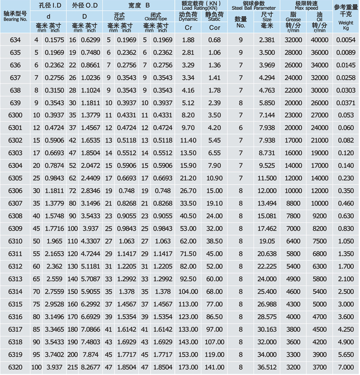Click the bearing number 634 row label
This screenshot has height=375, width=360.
[x=15, y=40]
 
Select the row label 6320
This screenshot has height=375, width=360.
[x=15, y=367]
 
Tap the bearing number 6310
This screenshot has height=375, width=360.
[x=15, y=241]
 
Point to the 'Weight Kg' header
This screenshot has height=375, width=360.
[x=346, y=22]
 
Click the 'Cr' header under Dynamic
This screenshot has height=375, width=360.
[x=189, y=27]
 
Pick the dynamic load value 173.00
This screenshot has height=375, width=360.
[x=188, y=367]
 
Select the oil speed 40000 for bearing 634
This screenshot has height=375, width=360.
[x=320, y=40]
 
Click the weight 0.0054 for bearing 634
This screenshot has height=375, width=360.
[x=346, y=40]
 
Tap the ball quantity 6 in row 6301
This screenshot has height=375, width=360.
[x=241, y=128]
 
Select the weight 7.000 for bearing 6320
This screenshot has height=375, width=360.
[x=346, y=367]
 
